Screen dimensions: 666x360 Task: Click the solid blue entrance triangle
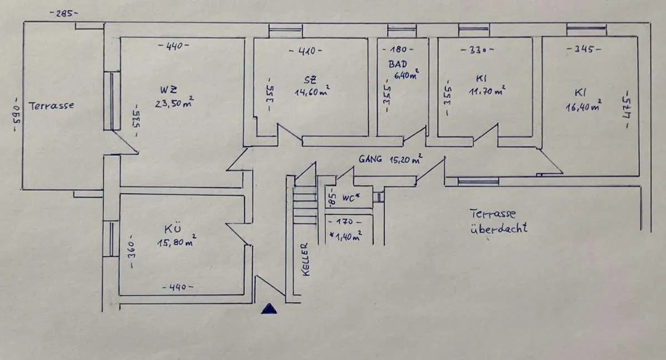click(269, 309)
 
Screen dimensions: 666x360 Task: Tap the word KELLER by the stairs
click(305, 260)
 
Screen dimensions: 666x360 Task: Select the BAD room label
click(397, 64)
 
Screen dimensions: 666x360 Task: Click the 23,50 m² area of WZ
click(174, 102)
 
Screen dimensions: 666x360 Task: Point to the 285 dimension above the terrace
click(64, 13)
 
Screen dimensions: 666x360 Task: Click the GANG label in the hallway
click(370, 159)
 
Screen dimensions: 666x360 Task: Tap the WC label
click(351, 197)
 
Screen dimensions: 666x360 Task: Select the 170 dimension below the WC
click(345, 222)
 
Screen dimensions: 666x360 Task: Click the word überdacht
click(498, 228)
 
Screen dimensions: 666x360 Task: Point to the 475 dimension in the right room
click(627, 109)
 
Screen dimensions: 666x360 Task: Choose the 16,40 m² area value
click(584, 106)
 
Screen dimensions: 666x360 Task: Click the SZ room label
click(310, 80)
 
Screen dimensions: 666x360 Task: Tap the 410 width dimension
click(306, 51)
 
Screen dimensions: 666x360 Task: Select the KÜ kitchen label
click(173, 229)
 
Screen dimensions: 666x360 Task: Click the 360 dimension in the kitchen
click(132, 252)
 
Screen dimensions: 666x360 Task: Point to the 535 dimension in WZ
click(136, 120)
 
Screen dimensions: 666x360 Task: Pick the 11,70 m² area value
click(487, 90)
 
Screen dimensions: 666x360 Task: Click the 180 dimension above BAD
click(398, 49)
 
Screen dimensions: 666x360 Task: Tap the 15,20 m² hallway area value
click(406, 159)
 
